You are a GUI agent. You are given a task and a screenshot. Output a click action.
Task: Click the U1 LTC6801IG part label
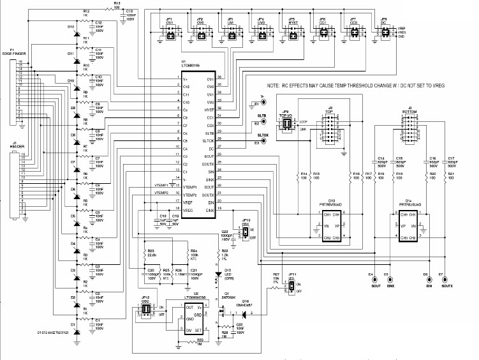(192, 64)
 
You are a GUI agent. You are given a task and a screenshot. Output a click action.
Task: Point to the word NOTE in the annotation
(274, 86)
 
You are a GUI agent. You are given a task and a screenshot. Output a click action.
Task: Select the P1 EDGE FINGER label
(13, 53)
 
